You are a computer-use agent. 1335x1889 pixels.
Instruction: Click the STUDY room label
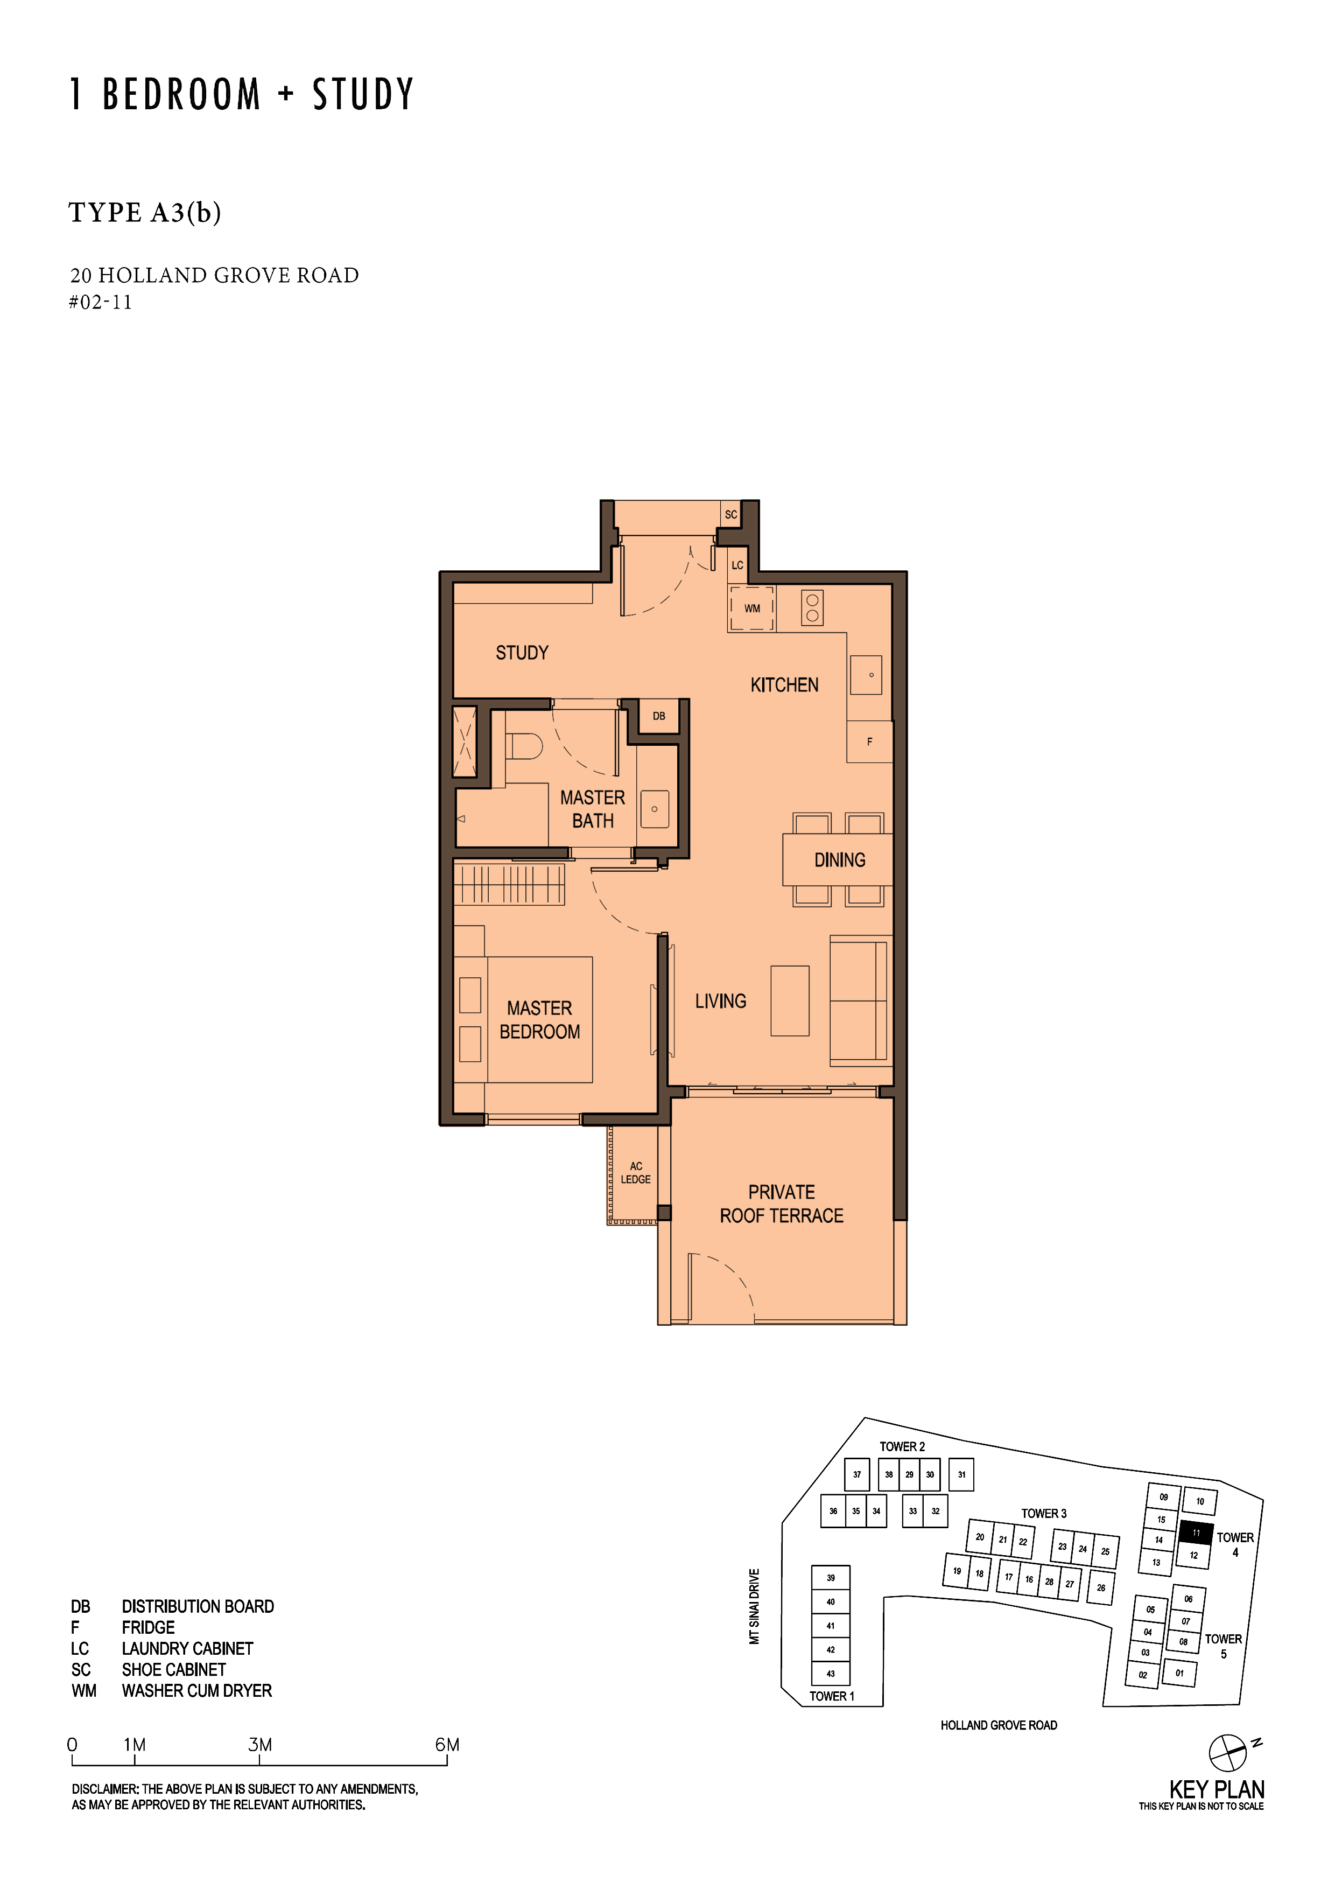522,653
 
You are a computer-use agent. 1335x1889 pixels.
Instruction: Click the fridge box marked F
869,741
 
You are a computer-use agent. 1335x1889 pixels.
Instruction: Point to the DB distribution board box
659,716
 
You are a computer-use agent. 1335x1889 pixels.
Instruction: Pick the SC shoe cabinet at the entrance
730,514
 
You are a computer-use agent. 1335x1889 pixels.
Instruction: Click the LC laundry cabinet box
737,565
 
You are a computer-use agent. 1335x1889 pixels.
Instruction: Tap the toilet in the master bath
523,747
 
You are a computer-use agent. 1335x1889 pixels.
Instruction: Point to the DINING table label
839,860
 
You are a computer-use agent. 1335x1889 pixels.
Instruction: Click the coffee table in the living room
790,1001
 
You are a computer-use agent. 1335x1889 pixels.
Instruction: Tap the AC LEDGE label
636,1172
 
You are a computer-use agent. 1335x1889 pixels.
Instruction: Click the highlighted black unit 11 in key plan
1196,1533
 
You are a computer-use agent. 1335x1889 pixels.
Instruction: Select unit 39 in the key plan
831,1578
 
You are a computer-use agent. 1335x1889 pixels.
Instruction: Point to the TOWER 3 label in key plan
1044,1514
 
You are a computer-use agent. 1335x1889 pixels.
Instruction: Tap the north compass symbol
1228,1752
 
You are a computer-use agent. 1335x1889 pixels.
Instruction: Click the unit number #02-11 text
100,302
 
